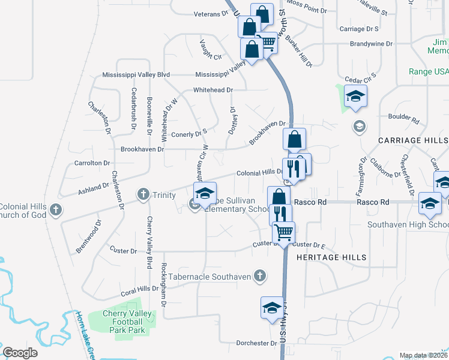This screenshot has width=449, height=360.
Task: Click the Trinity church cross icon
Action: point(143,194)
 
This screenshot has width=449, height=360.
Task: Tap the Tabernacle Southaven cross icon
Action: point(259,276)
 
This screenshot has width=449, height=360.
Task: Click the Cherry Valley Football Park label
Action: point(115,322)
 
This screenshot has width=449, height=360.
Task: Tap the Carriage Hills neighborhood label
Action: point(412,140)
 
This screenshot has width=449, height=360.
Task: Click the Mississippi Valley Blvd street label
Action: point(136,75)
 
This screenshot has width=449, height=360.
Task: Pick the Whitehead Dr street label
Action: point(212,90)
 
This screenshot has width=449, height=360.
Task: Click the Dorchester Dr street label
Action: point(252,343)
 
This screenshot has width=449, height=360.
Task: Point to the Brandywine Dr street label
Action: point(371,44)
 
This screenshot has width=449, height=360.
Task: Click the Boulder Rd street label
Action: point(403,117)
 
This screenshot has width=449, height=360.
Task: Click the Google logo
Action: point(20,353)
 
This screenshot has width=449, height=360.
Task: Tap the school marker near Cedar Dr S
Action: point(355,97)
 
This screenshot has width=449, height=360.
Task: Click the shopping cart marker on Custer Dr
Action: point(284,232)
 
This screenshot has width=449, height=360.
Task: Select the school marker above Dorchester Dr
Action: point(272,308)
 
